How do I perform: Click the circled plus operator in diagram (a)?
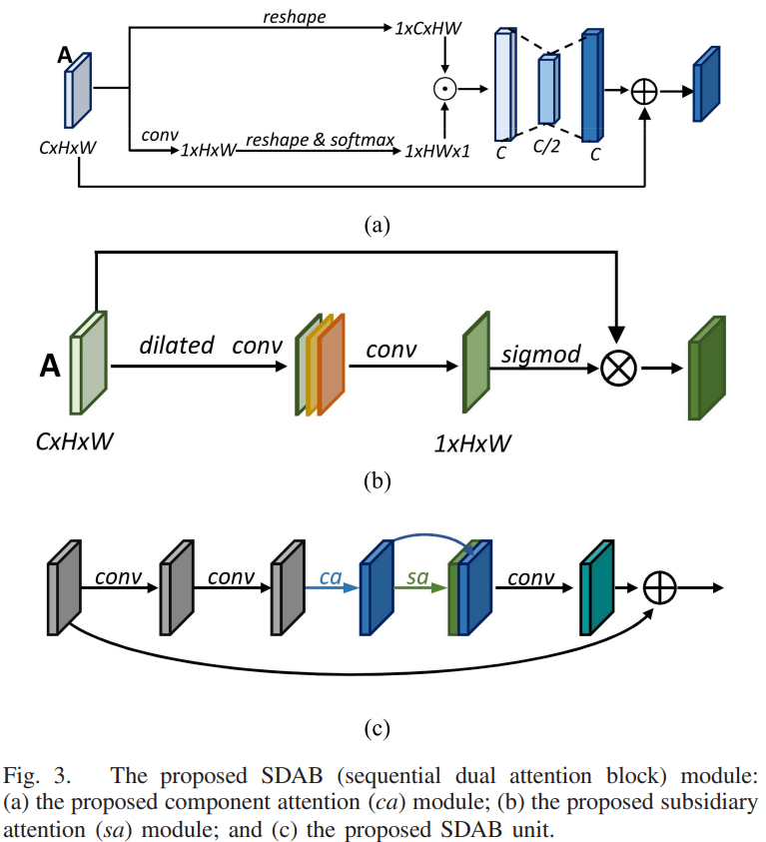pyautogui.click(x=645, y=91)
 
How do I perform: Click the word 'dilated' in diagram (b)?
pyautogui.click(x=178, y=346)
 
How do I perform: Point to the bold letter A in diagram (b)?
pyautogui.click(x=47, y=369)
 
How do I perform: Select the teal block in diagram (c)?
pyautogui.click(x=594, y=596)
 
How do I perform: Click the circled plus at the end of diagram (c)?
pyautogui.click(x=661, y=587)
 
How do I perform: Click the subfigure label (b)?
pyautogui.click(x=376, y=480)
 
